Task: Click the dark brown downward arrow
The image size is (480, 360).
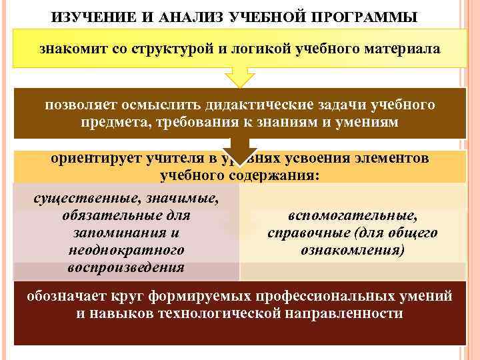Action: (x=239, y=151)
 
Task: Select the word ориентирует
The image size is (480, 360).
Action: (x=91, y=159)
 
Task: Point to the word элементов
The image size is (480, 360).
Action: (x=392, y=159)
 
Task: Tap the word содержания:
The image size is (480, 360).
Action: (x=274, y=175)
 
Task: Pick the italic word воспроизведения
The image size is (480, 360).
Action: (x=126, y=267)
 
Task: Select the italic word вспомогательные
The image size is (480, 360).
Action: (x=353, y=215)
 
